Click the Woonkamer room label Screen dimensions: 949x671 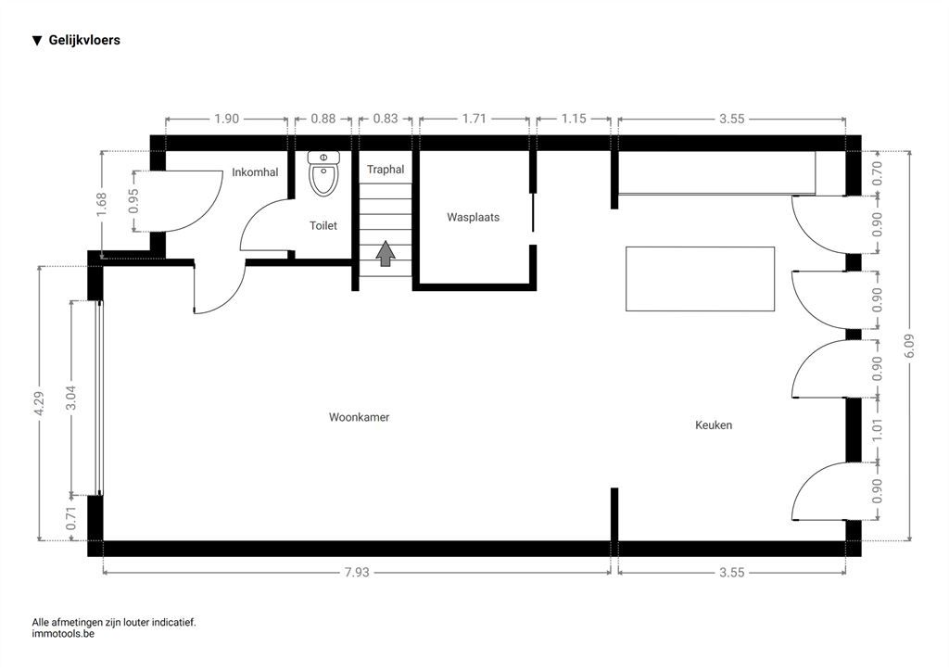click(x=359, y=417)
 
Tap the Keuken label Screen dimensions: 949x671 click(x=714, y=424)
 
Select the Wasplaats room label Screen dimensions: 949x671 click(x=474, y=217)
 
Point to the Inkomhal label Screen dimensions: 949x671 click(x=255, y=172)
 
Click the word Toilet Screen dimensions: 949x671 click(x=323, y=226)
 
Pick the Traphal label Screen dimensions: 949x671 click(x=386, y=170)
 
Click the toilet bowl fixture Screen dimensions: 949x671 click(x=323, y=173)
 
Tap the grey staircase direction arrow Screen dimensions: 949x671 click(x=386, y=254)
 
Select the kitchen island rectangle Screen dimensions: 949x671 click(x=701, y=279)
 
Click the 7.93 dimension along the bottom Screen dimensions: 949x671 click(x=357, y=572)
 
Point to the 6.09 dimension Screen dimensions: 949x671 click(x=910, y=346)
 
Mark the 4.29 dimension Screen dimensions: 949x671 click(x=39, y=403)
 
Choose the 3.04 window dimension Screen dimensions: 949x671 click(x=71, y=398)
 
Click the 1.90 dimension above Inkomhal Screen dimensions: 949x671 click(x=227, y=119)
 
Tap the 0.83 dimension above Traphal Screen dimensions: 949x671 click(x=386, y=119)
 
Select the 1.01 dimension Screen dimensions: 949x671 click(x=877, y=430)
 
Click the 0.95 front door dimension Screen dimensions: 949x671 click(x=133, y=201)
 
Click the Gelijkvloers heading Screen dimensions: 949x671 click(x=84, y=41)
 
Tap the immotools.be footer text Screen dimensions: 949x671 click(x=63, y=634)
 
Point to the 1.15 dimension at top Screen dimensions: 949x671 click(x=574, y=119)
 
